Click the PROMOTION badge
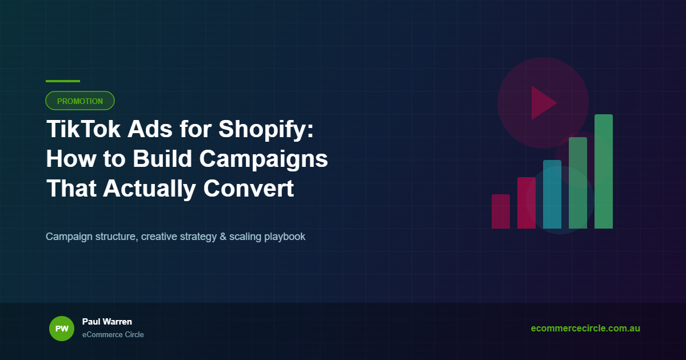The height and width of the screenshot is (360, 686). pos(80,101)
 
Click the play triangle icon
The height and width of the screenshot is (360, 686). pos(543,103)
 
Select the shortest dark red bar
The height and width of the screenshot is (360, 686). pos(501,211)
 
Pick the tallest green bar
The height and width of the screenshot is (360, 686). pos(604,171)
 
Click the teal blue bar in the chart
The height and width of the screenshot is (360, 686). pos(552,194)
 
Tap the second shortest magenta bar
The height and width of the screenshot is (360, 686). pos(527,203)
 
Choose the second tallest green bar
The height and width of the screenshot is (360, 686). pos(578,183)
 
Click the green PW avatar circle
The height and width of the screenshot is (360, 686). pos(62,329)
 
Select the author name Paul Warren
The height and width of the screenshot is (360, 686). pos(107,322)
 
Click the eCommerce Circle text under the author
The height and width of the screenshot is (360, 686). pos(113,334)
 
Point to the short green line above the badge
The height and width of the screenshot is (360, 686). pos(63,81)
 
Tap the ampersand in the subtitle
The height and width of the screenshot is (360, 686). pos(223,237)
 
